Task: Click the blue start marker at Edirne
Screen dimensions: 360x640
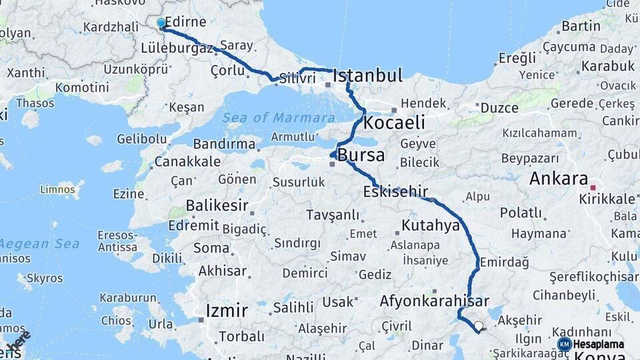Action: (x=161, y=23)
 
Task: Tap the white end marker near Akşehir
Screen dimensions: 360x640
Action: (x=478, y=326)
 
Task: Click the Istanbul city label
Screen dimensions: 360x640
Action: (x=367, y=76)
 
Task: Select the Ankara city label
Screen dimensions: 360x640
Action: (x=558, y=179)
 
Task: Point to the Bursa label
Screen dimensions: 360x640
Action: (x=361, y=156)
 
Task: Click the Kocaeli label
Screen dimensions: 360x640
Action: (x=394, y=123)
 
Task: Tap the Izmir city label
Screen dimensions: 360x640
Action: (x=227, y=310)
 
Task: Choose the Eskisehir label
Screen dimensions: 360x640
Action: (x=395, y=192)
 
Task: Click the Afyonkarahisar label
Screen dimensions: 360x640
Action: (x=435, y=301)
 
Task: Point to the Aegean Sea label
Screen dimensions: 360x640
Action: (x=40, y=244)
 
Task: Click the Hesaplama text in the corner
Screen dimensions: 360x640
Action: (x=599, y=345)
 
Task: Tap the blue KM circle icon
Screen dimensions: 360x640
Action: (x=564, y=345)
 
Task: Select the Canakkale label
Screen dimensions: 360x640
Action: (x=187, y=162)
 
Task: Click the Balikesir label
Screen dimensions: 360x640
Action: (x=217, y=205)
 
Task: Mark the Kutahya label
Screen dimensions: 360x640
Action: (x=431, y=225)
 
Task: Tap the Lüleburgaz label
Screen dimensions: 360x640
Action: (x=177, y=48)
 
